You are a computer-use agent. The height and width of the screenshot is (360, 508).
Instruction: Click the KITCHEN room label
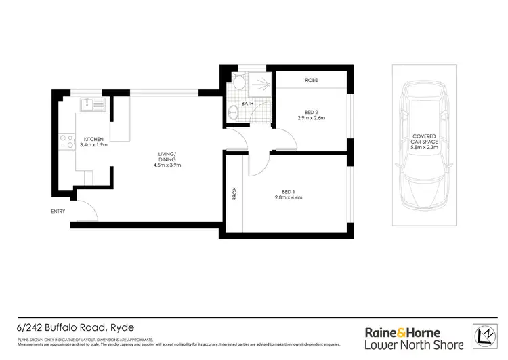[x=94, y=138]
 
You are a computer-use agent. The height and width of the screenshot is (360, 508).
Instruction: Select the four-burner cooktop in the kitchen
[x=68, y=142]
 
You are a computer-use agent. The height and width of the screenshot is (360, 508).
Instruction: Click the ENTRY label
[x=58, y=211]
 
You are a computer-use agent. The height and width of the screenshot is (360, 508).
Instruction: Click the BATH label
[x=248, y=104]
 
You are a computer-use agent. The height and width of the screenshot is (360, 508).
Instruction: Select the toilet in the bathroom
[x=239, y=84]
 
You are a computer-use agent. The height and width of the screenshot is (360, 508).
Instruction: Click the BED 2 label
[x=312, y=111]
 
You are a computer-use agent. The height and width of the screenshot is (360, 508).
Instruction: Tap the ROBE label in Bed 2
[x=312, y=80]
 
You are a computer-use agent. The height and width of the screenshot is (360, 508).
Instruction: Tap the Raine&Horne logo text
[x=402, y=332]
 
